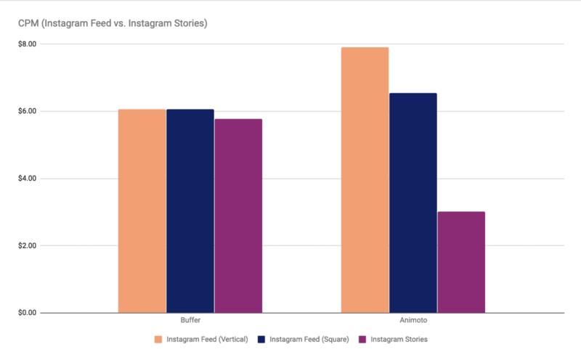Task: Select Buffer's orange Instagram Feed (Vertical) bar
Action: [142, 210]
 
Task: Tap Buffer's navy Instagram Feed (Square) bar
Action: [190, 210]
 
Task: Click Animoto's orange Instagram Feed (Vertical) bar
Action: [365, 180]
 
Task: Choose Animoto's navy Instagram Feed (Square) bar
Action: [413, 202]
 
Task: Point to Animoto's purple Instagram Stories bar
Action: [461, 262]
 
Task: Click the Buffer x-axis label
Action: [190, 321]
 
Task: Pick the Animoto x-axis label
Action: [413, 321]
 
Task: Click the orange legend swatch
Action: [158, 339]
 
